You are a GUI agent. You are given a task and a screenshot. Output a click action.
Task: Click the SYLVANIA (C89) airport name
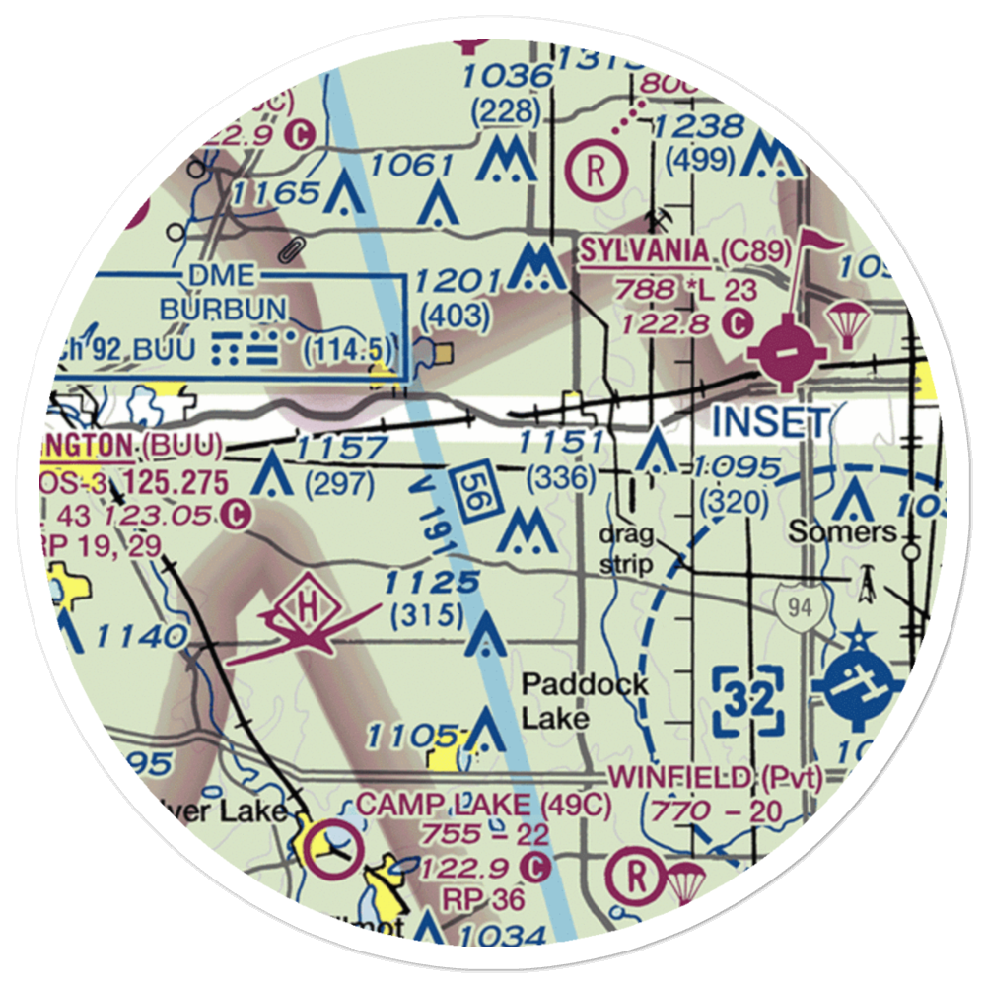pos(685,252)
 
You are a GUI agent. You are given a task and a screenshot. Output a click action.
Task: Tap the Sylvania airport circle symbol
pos(786,351)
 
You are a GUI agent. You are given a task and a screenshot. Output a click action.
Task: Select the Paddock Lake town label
pos(571,699)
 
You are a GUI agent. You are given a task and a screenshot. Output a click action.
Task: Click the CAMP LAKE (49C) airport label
pos(484,805)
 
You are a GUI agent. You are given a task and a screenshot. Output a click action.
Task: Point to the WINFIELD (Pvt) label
pos(716,778)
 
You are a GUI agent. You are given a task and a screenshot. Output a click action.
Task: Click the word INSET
pos(770,422)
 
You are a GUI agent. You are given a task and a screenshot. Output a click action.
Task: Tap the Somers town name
pos(843,532)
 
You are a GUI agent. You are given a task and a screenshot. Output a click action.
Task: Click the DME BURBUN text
pos(224,293)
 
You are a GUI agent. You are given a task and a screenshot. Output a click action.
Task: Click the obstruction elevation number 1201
pos(456,281)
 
